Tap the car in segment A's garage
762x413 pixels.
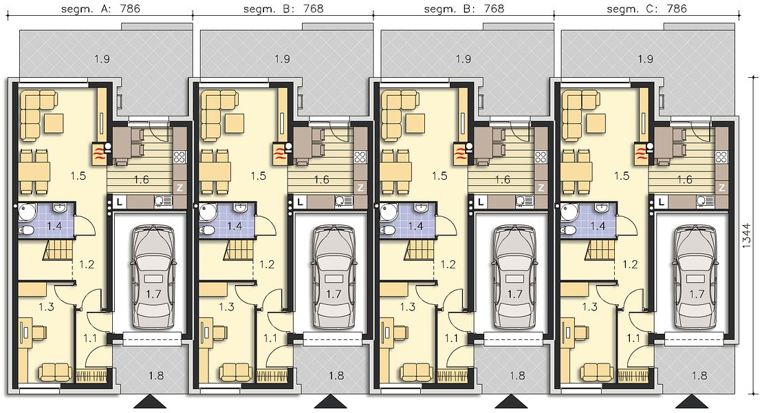[151, 276]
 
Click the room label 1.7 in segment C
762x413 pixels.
[697, 294]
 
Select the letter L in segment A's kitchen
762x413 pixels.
[119, 200]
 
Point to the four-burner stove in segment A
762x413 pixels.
[179, 157]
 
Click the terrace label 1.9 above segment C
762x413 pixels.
[645, 59]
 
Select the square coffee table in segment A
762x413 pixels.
[53, 123]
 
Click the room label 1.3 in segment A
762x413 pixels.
[45, 306]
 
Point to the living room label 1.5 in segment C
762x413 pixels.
[622, 176]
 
